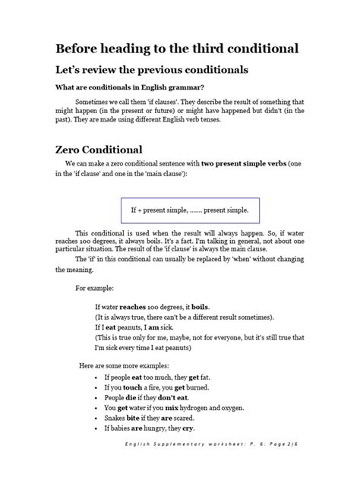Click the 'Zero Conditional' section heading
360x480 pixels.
click(x=105, y=150)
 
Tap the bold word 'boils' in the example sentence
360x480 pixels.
click(x=198, y=306)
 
